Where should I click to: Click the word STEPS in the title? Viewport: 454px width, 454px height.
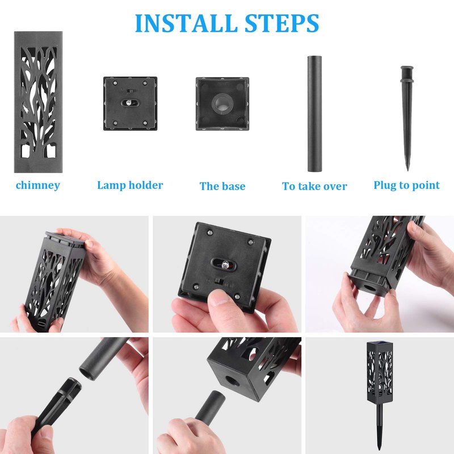[281, 23]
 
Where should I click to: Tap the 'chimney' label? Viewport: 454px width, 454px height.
[38, 186]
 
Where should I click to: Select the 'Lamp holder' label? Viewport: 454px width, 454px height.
[130, 185]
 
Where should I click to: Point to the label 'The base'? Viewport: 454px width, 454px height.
[222, 186]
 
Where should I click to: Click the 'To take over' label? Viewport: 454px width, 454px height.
[314, 186]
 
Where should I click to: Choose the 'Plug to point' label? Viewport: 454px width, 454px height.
[406, 186]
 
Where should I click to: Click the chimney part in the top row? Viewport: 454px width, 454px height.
[39, 102]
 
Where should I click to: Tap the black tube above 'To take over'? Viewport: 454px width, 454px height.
[315, 114]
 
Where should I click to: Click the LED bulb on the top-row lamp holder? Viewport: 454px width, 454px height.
[129, 102]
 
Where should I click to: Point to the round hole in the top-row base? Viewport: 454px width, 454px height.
[222, 103]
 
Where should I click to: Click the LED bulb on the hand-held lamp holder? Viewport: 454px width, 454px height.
[225, 264]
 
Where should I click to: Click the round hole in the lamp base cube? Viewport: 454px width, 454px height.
[231, 381]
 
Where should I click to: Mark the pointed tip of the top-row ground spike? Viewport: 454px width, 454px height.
[407, 170]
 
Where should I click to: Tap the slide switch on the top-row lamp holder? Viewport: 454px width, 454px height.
[130, 91]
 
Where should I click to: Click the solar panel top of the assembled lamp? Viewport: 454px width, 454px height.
[380, 344]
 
